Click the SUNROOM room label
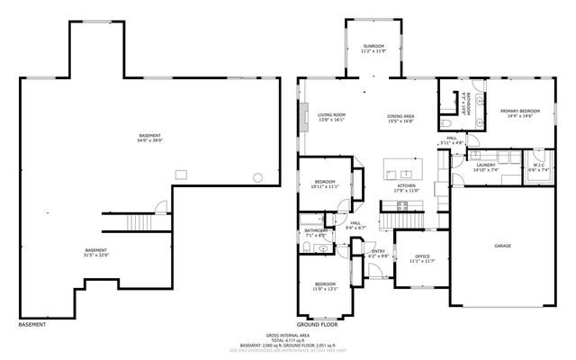coord(373,45)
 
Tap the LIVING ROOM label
coord(331,115)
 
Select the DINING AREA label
coord(400,115)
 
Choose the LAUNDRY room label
coord(487,165)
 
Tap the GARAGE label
coord(502,245)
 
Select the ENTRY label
coord(378,252)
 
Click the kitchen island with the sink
coord(402,169)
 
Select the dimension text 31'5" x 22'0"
coord(96,255)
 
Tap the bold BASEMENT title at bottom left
coord(33,324)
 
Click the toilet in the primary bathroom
coord(448,123)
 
